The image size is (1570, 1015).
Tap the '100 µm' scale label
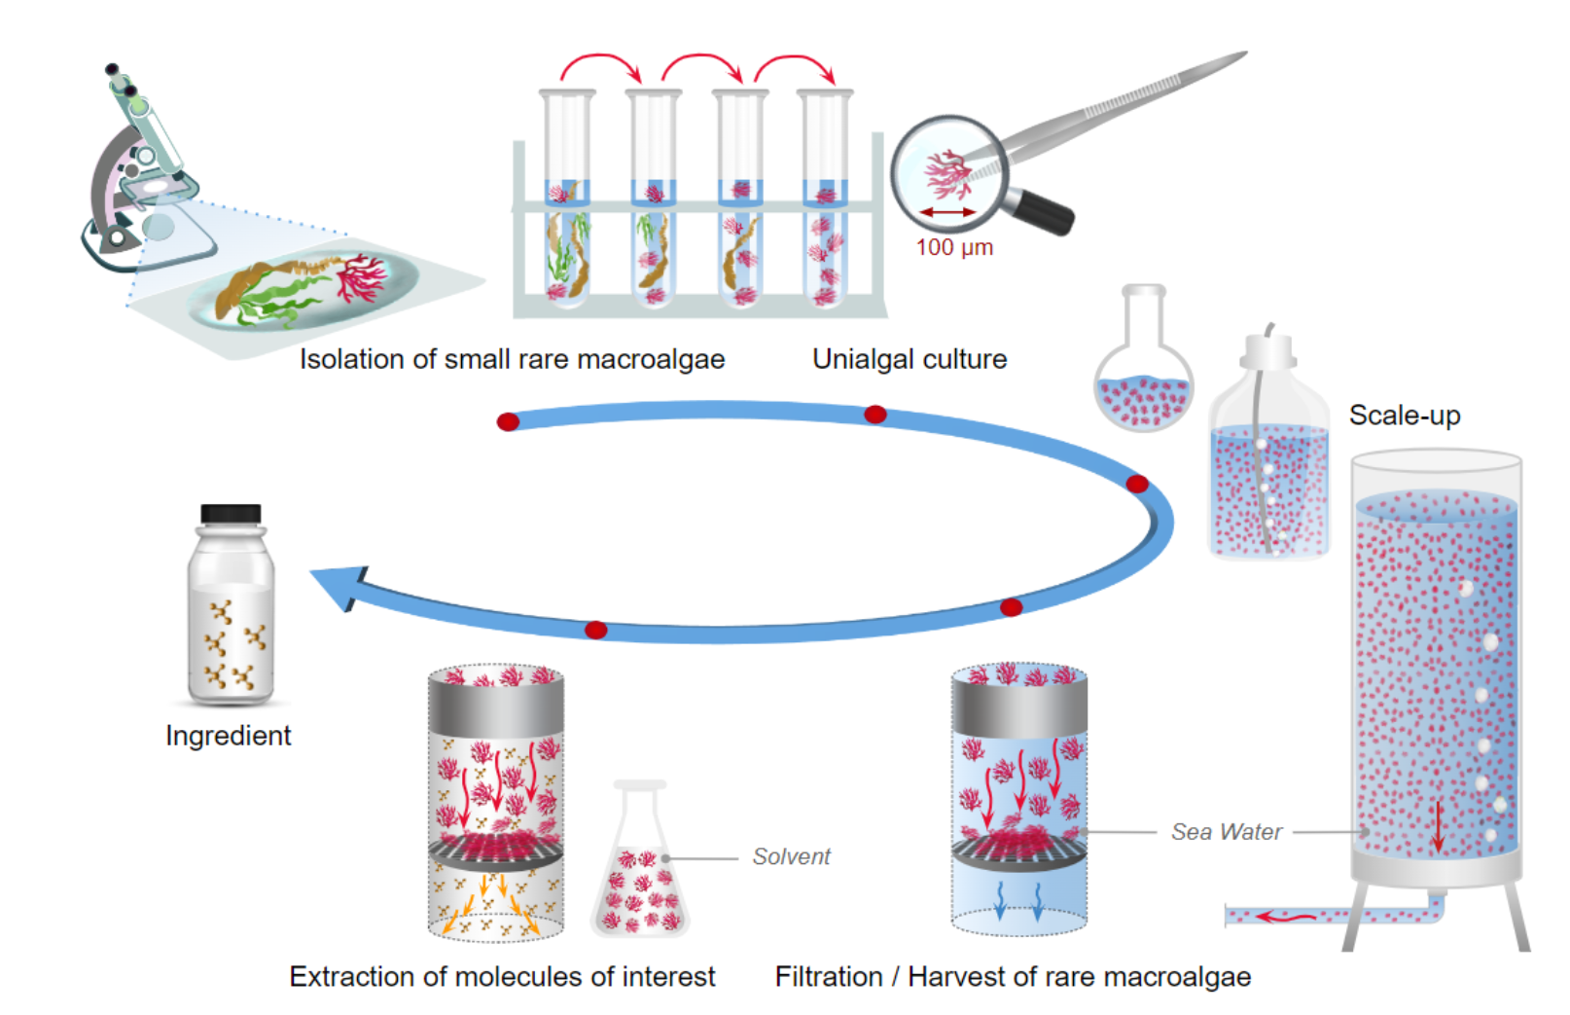coord(954,247)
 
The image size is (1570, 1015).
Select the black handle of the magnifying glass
coord(1043,211)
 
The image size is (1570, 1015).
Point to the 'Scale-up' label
coord(1404,416)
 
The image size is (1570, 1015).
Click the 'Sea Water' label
coord(1226,832)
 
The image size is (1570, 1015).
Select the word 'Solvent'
coord(791,856)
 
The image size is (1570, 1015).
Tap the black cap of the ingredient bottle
coord(231,514)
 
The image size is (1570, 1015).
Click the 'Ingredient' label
coord(228,736)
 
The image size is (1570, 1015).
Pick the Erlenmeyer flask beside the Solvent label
coord(640,871)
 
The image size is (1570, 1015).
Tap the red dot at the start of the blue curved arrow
coord(508,421)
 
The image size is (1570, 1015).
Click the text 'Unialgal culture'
coord(910,359)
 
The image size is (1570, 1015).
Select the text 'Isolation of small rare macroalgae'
coord(512,359)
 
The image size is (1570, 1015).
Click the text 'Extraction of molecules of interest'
coord(502,976)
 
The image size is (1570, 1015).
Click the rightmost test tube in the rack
coord(825,199)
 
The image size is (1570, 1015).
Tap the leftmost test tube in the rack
coord(567,199)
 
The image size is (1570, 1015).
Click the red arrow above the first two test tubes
coord(600,65)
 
